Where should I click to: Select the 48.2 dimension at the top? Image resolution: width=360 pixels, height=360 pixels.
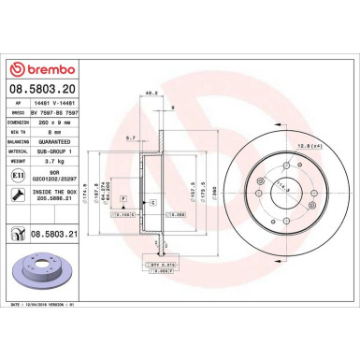(149, 93)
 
